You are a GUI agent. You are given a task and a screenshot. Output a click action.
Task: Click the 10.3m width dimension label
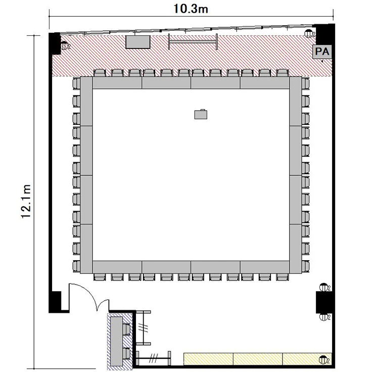click(191, 9)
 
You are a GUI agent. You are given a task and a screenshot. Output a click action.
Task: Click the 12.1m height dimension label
click(26, 201)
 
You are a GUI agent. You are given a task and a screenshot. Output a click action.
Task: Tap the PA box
click(322, 52)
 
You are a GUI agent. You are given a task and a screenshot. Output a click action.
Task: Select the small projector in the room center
click(201, 114)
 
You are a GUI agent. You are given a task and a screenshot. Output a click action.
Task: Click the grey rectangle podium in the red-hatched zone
click(138, 42)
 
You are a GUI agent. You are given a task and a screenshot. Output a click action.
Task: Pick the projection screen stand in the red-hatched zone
click(193, 41)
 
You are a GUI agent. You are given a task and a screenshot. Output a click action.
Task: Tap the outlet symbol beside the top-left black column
click(65, 45)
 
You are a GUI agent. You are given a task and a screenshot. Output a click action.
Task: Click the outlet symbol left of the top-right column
click(309, 33)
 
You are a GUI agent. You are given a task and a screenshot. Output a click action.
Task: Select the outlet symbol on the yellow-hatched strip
click(323, 360)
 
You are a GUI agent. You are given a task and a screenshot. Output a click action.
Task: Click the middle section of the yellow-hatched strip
click(258, 359)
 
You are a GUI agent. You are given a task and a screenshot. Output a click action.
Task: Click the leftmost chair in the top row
click(100, 73)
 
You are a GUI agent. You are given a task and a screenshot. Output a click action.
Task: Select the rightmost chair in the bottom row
click(282, 277)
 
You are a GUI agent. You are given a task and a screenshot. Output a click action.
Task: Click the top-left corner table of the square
click(86, 102)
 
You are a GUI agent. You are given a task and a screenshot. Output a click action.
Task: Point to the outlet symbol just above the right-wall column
click(324, 288)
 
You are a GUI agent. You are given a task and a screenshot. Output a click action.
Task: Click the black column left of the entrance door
click(55, 302)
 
